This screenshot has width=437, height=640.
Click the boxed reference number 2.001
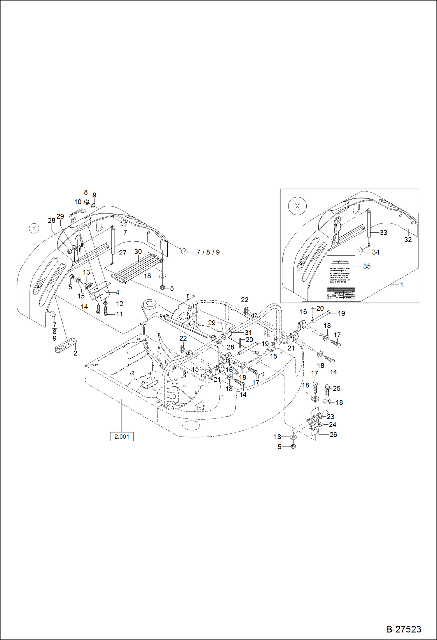[x=122, y=437]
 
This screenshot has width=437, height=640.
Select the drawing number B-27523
[x=403, y=629]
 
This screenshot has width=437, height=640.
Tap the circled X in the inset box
[x=297, y=206]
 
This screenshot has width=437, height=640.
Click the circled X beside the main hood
[x=34, y=228]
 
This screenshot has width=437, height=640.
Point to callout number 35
[x=367, y=266]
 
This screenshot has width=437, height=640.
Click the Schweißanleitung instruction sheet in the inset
[x=341, y=278]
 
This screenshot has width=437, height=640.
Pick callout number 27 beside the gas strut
[x=123, y=253]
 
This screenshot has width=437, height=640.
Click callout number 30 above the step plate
[x=138, y=252]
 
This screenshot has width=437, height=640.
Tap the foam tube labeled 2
[x=66, y=346]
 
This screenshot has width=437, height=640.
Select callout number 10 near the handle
[x=78, y=202]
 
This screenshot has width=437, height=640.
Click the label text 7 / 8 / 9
[x=208, y=252]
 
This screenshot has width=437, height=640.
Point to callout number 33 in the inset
[x=383, y=233]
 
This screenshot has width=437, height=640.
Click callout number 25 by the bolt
[x=336, y=388]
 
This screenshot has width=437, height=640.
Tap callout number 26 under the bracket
[x=333, y=435]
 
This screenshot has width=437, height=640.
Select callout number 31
[x=248, y=332]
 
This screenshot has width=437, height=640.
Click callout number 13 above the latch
[x=86, y=272]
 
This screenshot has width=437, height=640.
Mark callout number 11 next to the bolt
[x=119, y=314]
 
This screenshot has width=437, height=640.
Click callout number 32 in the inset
[x=408, y=240]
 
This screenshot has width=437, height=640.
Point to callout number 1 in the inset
[x=401, y=285]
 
